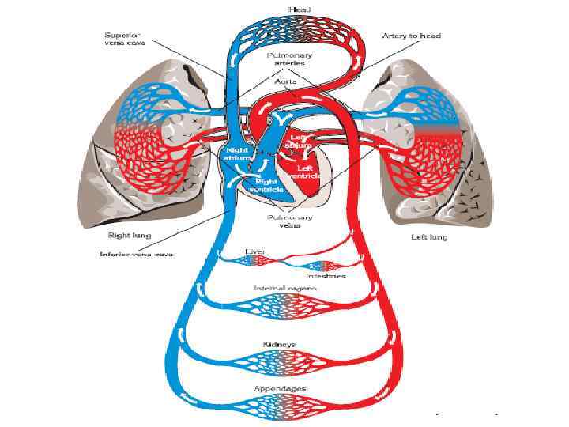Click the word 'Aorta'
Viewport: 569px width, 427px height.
(x=285, y=81)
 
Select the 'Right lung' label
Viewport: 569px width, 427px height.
(x=129, y=236)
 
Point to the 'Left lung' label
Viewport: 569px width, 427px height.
(x=430, y=236)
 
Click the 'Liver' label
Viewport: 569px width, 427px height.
(x=255, y=251)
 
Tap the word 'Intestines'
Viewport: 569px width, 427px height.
(x=326, y=276)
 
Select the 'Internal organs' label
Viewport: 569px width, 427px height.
(x=284, y=289)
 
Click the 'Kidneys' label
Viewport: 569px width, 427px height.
(x=279, y=345)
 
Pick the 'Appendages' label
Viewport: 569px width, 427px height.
(x=279, y=389)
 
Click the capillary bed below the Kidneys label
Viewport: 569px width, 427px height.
(x=284, y=362)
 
